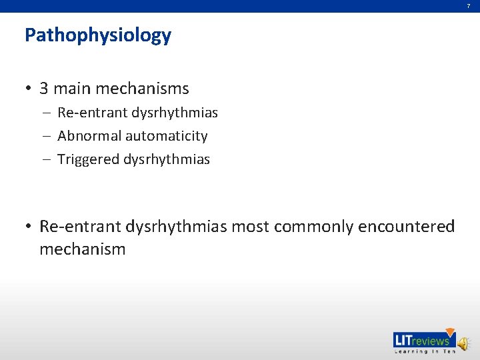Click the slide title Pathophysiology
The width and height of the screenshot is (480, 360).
98,35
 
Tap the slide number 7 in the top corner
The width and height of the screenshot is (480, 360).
468,6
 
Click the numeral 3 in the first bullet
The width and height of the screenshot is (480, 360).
44,89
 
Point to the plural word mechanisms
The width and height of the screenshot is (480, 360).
143,89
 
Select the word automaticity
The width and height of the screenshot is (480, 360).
166,136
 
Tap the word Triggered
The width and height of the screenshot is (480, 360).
88,159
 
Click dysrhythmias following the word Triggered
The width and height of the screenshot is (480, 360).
167,159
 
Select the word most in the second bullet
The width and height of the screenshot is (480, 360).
250,227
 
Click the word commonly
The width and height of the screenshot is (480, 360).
313,227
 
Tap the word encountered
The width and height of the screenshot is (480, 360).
407,227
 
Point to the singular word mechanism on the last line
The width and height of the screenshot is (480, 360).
82,249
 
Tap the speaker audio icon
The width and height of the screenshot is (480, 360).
463,342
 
